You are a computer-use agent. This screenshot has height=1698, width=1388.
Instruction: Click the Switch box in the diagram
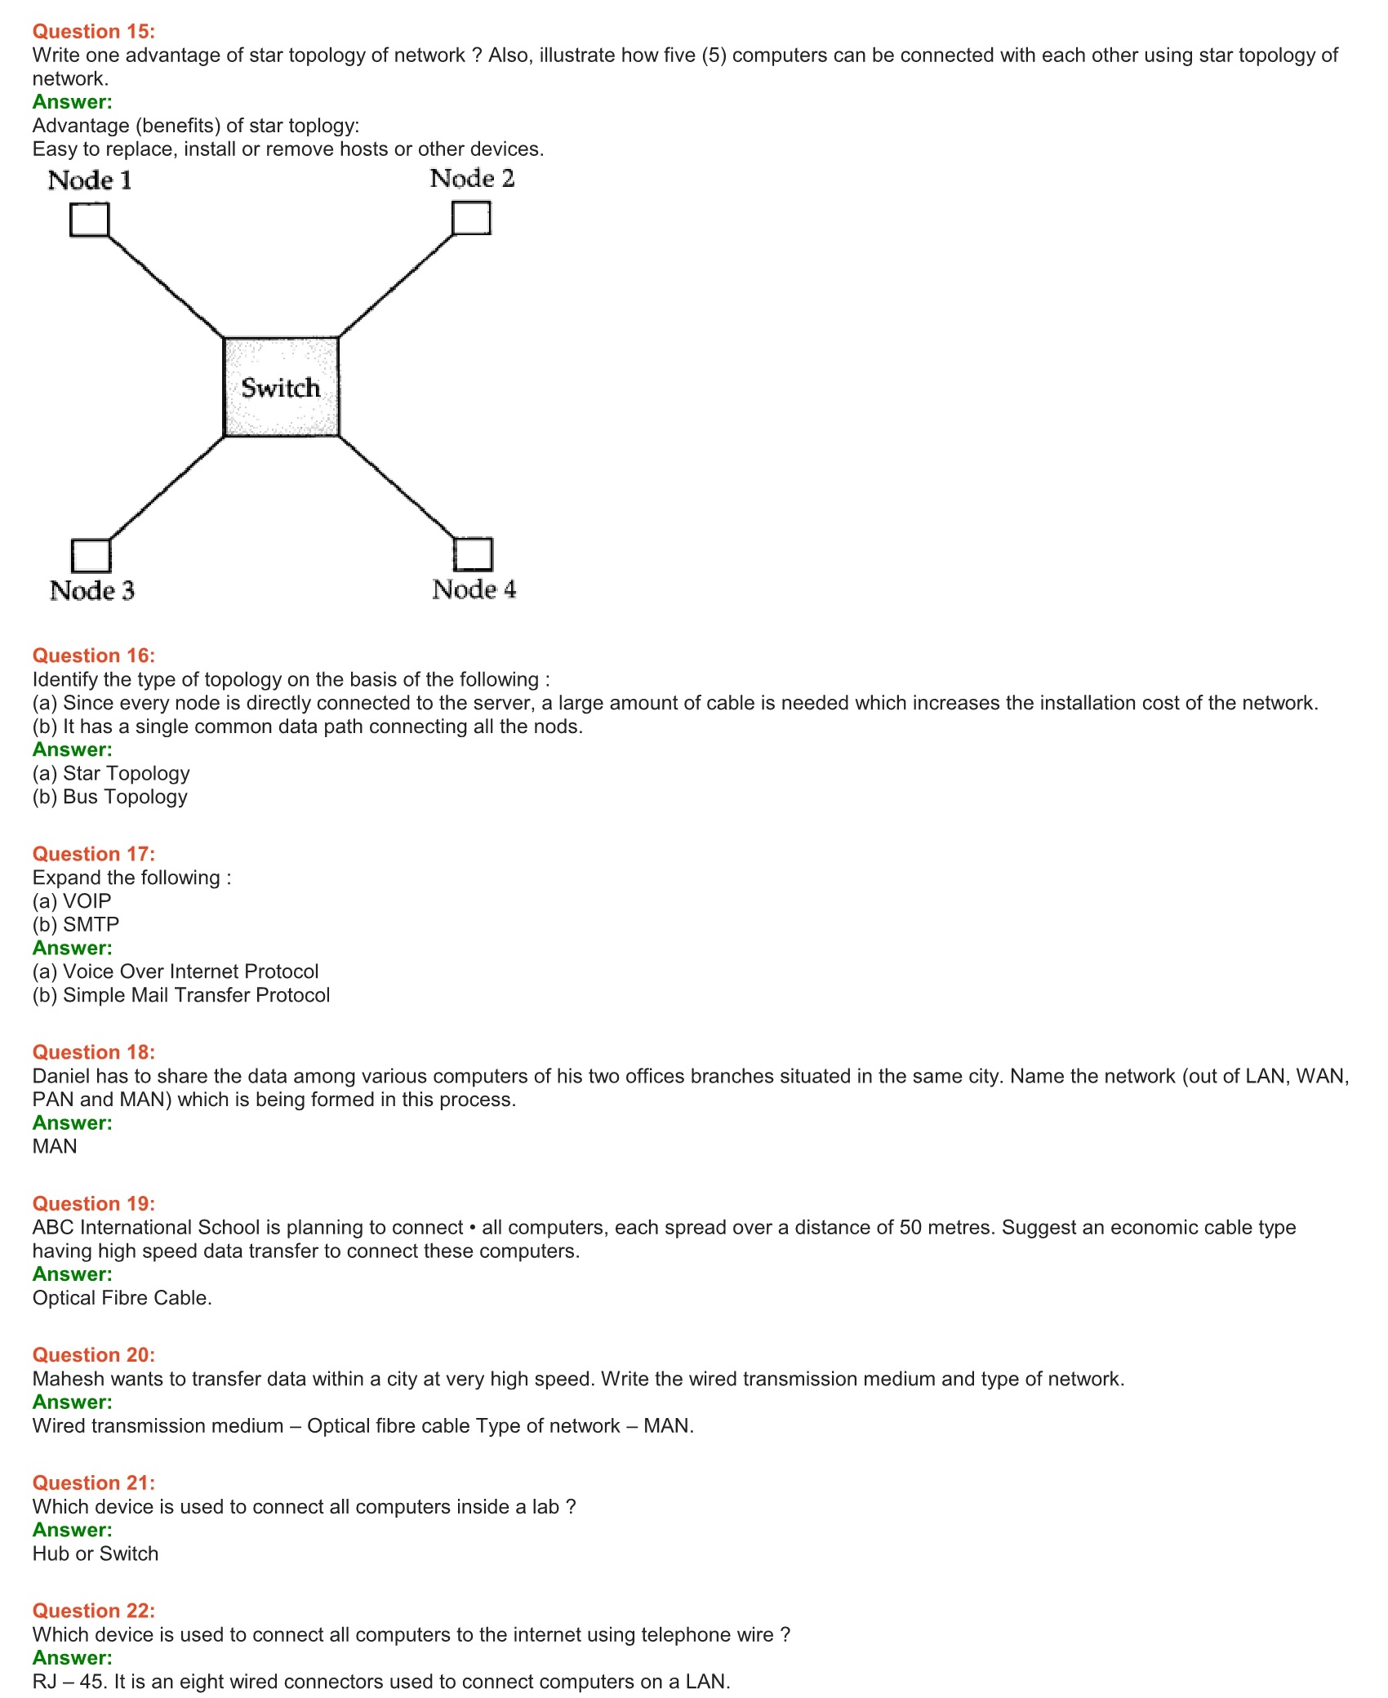282,387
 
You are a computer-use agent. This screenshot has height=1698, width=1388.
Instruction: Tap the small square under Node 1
90,220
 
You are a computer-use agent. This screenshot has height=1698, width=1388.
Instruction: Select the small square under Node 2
471,218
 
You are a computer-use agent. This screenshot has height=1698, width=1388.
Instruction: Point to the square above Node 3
91,555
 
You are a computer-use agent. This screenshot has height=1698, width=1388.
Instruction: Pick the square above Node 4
474,553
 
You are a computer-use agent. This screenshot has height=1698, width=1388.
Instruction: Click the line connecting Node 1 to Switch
166,287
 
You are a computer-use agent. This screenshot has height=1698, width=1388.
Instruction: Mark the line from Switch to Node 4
396,487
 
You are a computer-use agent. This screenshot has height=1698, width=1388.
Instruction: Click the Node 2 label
472,178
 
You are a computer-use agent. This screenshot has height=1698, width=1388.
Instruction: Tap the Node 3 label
91,590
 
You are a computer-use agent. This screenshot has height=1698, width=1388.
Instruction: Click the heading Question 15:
94,31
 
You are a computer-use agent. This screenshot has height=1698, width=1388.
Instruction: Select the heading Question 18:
94,1051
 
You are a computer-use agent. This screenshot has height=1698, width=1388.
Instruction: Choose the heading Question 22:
94,1610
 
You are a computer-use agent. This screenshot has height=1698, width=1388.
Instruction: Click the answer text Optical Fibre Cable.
122,1297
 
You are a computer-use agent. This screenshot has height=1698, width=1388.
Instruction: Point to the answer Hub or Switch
96,1553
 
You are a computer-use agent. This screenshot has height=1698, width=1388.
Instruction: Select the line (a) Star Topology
111,772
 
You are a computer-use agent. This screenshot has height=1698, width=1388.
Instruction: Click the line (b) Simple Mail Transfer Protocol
181,994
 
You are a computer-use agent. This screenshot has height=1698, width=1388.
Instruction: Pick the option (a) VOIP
72,900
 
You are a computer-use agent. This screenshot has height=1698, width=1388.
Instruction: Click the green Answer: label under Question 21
73,1530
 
